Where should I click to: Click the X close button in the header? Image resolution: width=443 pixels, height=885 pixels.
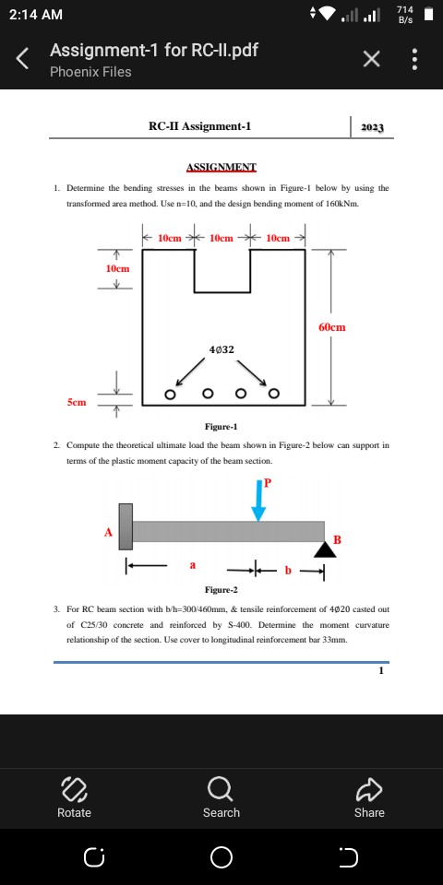tap(371, 60)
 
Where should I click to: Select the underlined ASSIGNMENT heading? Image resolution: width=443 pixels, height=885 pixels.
tap(221, 167)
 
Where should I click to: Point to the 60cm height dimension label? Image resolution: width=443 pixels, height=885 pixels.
tap(333, 326)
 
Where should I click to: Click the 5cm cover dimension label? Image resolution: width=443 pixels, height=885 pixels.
tap(78, 402)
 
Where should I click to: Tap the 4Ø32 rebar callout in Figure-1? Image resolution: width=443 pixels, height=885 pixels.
tap(221, 350)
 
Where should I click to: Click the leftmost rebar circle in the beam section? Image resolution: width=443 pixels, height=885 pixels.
tap(170, 395)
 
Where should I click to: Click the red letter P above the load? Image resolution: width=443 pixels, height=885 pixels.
tap(269, 482)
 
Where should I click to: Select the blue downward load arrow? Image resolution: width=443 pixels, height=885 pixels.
tap(259, 502)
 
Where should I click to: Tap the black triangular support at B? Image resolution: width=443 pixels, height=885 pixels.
tap(324, 549)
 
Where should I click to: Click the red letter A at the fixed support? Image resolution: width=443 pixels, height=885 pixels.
tap(108, 531)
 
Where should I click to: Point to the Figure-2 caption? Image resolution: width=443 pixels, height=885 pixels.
tap(221, 590)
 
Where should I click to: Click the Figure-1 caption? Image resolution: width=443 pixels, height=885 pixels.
tap(221, 427)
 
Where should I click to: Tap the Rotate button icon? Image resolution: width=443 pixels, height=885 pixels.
tap(74, 787)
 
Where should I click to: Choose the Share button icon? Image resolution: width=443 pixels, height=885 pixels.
tap(369, 787)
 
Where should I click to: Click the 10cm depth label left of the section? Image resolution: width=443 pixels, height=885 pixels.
tap(117, 266)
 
